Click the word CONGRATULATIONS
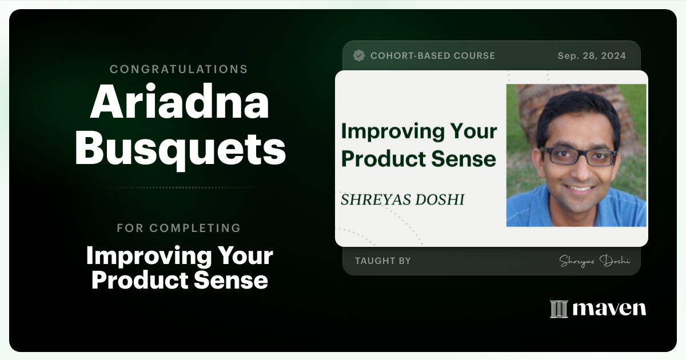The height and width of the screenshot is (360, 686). point(179,69)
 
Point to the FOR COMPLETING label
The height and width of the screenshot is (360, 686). point(179,228)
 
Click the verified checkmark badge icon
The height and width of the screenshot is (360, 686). point(359,55)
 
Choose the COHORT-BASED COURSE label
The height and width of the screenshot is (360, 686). point(433,55)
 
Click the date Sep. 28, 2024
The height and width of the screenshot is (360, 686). point(592,55)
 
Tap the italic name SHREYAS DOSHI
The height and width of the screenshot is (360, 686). point(402,199)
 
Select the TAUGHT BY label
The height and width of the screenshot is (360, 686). point(383,261)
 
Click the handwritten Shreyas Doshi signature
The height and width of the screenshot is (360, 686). point(595,261)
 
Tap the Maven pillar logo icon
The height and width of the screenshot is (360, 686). point(559,309)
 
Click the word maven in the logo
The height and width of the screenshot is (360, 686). point(609,309)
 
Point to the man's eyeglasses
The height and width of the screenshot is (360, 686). point(579,156)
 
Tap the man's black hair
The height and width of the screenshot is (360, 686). point(577,109)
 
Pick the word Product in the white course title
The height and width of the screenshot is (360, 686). point(133,280)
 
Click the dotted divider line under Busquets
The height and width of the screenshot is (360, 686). point(179,187)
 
